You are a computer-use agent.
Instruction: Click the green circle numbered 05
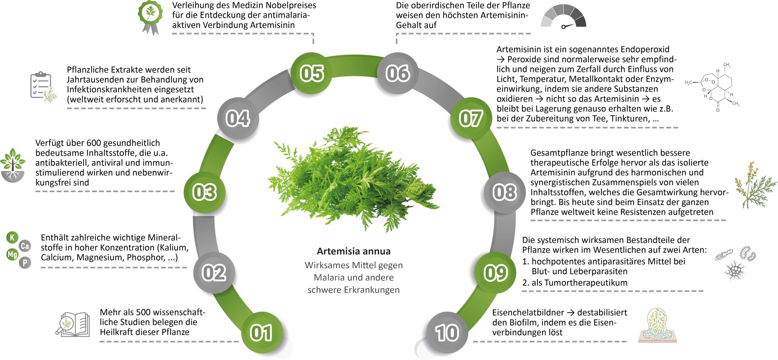point(312,73)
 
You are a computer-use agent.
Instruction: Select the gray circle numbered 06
point(397,73)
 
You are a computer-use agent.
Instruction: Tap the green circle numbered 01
point(262,333)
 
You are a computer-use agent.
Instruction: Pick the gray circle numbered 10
point(447,333)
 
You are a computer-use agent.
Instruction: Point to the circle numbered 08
point(504,192)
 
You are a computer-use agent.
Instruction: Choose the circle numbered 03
point(205,192)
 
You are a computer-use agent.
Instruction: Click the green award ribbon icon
point(150,17)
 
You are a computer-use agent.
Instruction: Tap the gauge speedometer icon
point(564,17)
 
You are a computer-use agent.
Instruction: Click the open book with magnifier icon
point(73,325)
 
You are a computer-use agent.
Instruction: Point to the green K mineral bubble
point(12,238)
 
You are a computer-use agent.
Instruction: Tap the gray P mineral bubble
point(25,262)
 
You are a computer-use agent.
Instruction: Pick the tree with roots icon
point(13,166)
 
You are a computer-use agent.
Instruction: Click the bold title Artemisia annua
point(354,251)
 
